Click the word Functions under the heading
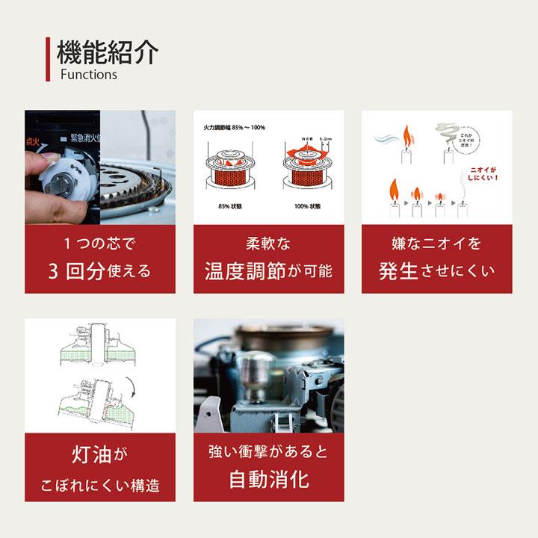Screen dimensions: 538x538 [89, 75]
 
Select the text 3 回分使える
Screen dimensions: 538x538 [99, 270]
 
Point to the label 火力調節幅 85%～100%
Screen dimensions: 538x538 [235, 128]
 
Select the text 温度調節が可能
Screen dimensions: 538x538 [268, 270]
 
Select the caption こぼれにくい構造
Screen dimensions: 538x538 [99, 486]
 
